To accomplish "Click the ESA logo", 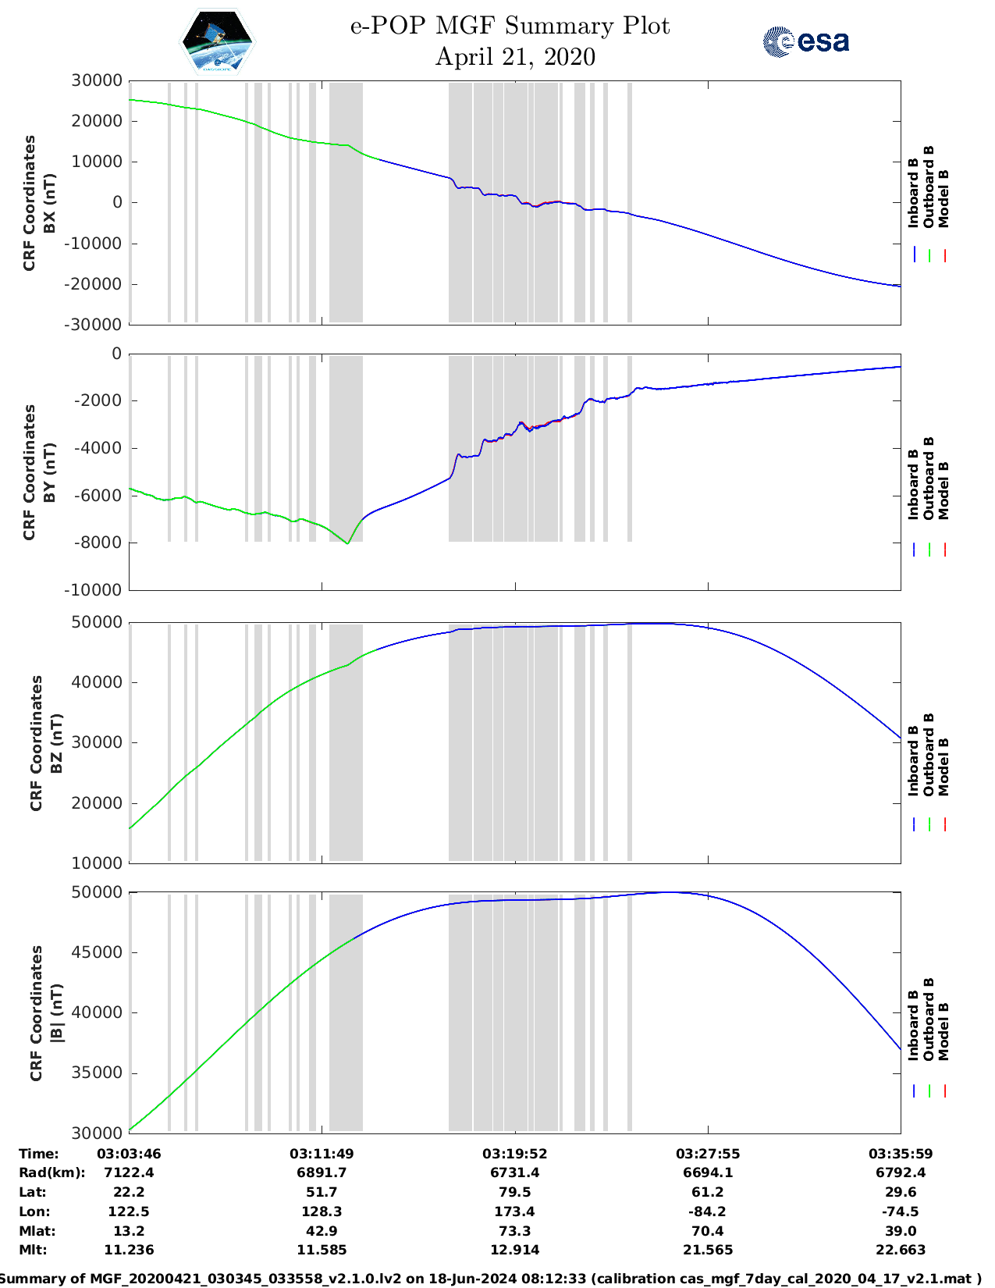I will click(805, 41).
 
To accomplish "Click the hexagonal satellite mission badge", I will click(218, 41).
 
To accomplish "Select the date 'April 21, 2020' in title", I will click(515, 57).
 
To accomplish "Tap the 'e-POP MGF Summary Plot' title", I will click(510, 26).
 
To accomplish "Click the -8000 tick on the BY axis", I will click(98, 543).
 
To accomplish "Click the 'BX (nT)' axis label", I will click(50, 203).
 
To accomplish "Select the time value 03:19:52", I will click(514, 1154).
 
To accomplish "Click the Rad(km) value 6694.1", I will click(707, 1172).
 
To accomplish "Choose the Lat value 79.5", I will click(514, 1192).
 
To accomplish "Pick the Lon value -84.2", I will click(707, 1212).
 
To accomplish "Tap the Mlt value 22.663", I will click(901, 1250).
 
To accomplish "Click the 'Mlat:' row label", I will click(37, 1231).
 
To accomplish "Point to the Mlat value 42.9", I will click(322, 1231).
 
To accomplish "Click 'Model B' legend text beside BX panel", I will click(943, 198).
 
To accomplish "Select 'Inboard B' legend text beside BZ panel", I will click(914, 761).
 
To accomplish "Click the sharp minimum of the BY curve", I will click(347, 543).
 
